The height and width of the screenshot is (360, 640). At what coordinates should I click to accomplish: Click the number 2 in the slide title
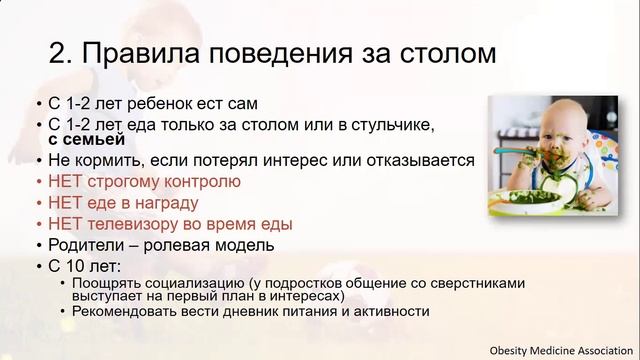point(31,50)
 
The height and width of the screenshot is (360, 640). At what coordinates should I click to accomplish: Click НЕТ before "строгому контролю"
point(66,181)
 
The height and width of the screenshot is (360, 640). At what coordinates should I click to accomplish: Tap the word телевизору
point(149,224)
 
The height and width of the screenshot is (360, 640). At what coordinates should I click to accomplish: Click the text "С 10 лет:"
point(83,267)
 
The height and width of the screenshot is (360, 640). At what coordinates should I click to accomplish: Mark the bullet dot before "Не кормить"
point(38,160)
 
